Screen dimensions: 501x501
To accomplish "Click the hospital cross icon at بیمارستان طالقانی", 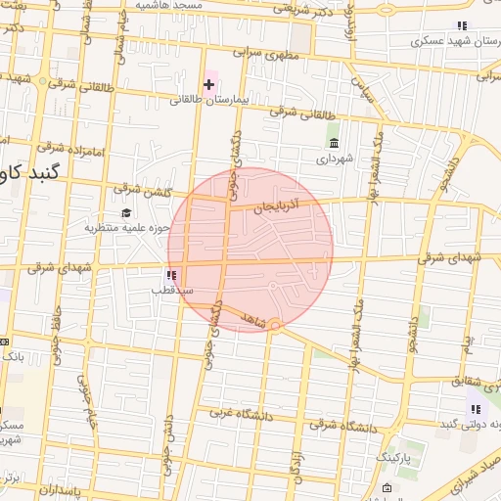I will click(x=209, y=85).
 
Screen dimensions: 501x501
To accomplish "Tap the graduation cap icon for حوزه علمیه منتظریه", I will click(x=124, y=213).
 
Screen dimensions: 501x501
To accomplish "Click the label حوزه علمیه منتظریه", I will click(x=114, y=228).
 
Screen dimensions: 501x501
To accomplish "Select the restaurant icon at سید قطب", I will click(x=173, y=276).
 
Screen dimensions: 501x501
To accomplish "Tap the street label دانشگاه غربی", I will click(x=235, y=415).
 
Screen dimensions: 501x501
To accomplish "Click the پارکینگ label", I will click(x=402, y=457).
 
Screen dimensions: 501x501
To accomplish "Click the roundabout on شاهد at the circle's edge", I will click(x=276, y=325).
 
